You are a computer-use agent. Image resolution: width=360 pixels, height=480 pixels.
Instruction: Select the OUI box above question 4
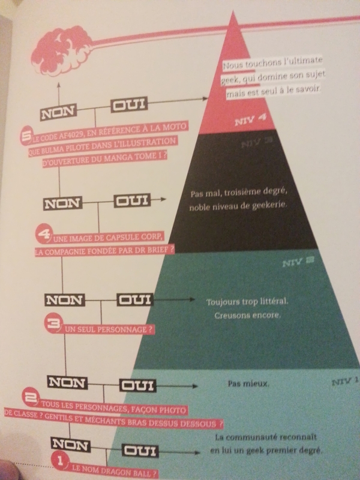click(x=132, y=199)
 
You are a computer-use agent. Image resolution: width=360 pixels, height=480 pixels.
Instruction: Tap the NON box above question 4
click(x=62, y=203)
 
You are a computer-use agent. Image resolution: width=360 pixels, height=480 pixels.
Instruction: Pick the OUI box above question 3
click(x=136, y=298)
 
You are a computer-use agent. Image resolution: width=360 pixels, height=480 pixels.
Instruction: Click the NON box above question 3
click(x=65, y=298)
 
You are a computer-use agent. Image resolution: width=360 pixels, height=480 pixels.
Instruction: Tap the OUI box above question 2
click(x=138, y=385)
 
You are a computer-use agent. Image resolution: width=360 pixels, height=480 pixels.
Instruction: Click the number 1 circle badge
click(x=58, y=460)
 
